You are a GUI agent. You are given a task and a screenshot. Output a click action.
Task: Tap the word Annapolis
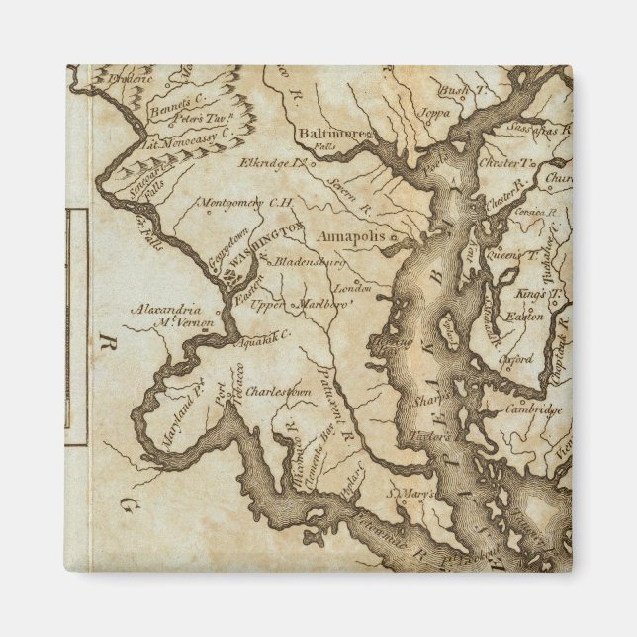[x=355, y=237]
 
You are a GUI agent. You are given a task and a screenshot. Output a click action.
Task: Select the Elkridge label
[x=269, y=162]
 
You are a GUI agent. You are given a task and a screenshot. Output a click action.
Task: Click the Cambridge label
[x=533, y=409]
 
